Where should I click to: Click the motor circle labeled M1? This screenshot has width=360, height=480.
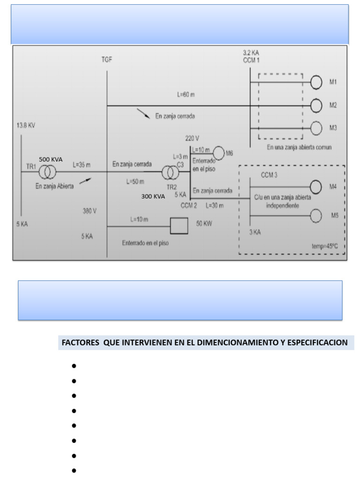pyautogui.click(x=317, y=82)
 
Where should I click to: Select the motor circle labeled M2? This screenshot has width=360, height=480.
pyautogui.click(x=317, y=106)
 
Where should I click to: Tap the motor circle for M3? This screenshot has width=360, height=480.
pyautogui.click(x=317, y=128)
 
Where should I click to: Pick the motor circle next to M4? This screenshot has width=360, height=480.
pyautogui.click(x=316, y=187)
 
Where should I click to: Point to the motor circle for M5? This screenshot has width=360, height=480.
pyautogui.click(x=316, y=216)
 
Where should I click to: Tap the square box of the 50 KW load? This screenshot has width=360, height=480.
pyautogui.click(x=178, y=226)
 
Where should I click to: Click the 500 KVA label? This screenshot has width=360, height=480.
pyautogui.click(x=51, y=159)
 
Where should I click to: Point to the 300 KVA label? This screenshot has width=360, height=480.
pyautogui.click(x=153, y=197)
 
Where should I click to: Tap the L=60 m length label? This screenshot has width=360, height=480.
pyautogui.click(x=186, y=95)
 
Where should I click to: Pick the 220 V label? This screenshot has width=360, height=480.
pyautogui.click(x=193, y=138)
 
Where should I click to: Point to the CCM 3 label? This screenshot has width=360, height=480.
pyautogui.click(x=270, y=175)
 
